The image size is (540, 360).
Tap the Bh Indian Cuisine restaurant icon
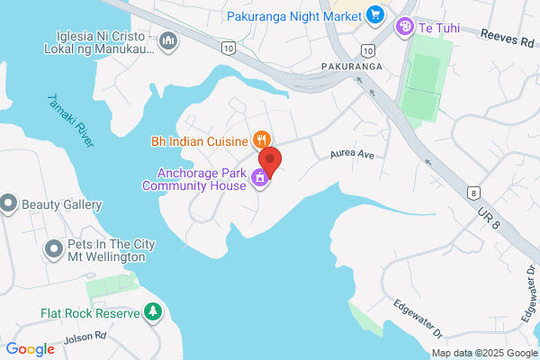[261, 139]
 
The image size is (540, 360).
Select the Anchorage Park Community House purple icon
[260, 178]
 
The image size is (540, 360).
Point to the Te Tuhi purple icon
[405, 28]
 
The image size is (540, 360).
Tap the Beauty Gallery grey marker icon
[9, 204]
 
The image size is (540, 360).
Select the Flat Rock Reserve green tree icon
[153, 312]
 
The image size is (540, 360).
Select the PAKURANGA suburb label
[351, 67]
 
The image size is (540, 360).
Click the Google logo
[30, 349]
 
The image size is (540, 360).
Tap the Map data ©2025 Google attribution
[483, 353]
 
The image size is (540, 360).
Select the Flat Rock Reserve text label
[90, 313]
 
